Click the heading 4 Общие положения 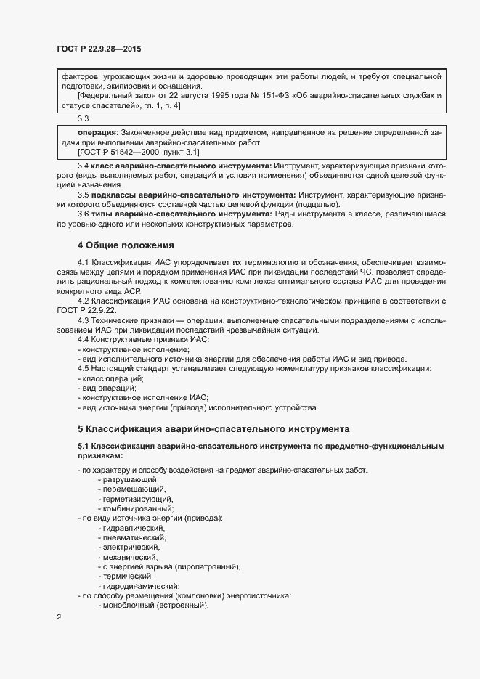point(126,245)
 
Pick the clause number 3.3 point(83,118)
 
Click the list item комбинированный point(138,509)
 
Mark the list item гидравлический point(134,528)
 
